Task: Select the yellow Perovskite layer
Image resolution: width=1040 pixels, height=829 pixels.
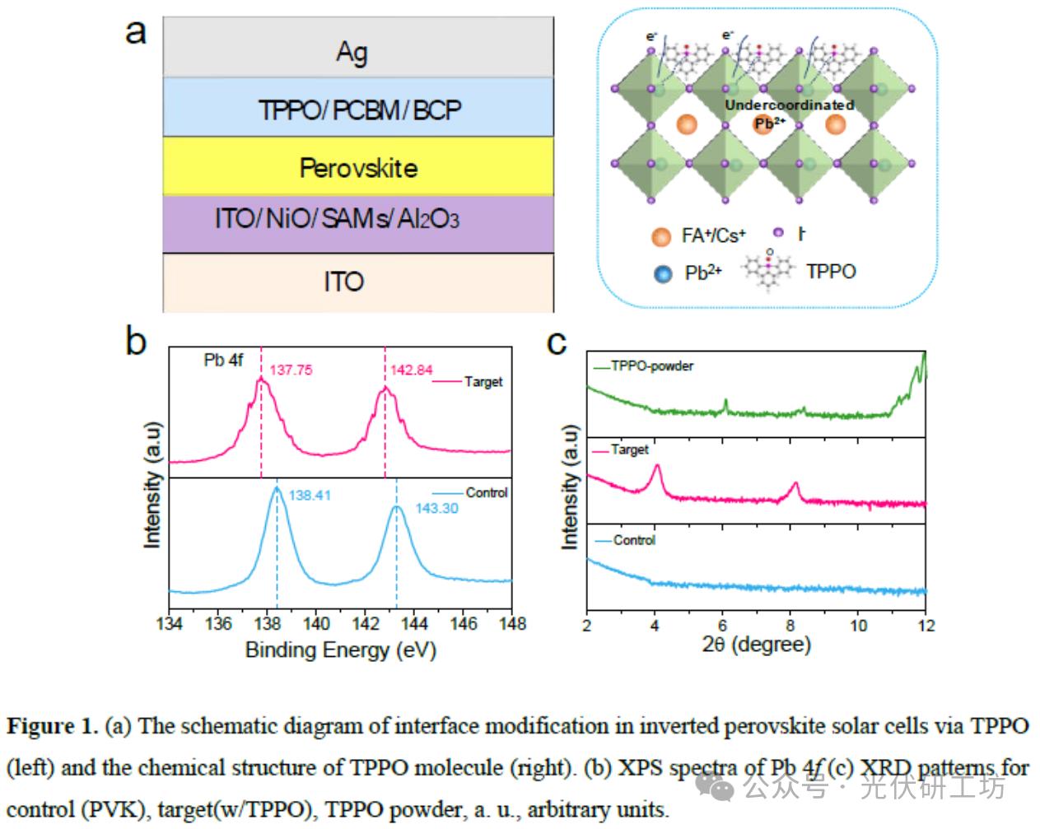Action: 357,168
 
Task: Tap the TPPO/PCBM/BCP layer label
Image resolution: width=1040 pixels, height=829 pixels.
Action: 359,109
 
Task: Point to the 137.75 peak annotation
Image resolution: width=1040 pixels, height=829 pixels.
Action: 291,370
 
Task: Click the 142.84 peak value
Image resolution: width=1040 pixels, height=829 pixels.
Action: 412,370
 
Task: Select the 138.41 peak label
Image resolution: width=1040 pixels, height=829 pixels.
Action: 310,496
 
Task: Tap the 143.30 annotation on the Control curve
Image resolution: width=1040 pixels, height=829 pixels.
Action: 436,509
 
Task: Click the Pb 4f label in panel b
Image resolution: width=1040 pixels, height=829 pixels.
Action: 223,361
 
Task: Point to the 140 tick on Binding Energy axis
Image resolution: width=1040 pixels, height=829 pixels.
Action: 316,624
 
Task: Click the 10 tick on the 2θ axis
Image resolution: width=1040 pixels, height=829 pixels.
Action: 858,626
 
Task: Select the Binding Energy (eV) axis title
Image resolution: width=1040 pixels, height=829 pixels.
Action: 340,650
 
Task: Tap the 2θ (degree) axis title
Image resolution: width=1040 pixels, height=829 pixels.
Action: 757,644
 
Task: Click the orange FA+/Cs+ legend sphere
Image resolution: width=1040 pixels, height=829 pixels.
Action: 662,237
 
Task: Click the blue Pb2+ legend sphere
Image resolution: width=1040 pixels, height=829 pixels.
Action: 663,273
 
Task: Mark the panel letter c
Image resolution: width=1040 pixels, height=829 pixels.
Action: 557,342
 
